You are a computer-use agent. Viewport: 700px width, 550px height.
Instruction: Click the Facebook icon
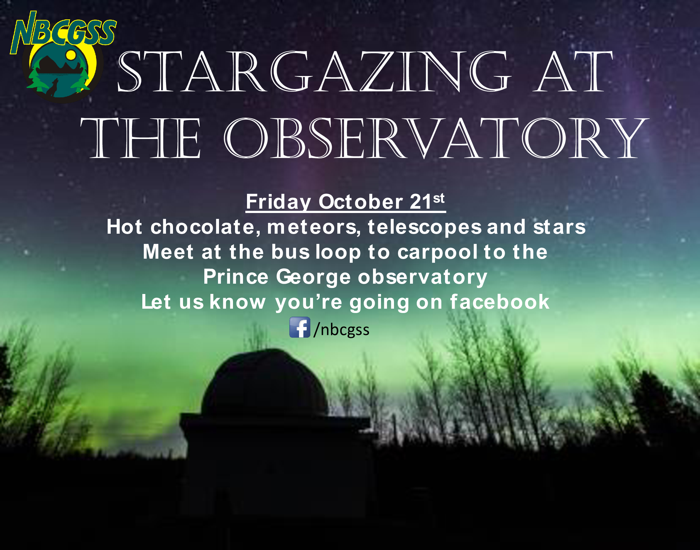(x=300, y=327)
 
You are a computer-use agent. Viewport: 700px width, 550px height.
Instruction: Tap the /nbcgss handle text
(x=341, y=330)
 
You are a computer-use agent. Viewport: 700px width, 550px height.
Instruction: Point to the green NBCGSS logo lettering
(x=63, y=32)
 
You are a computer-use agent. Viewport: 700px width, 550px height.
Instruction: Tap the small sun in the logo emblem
(x=71, y=54)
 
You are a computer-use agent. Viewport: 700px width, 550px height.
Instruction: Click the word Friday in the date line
(x=278, y=202)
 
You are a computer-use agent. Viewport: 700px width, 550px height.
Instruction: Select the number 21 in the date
(x=421, y=201)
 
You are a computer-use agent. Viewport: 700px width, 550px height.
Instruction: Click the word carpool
(x=438, y=252)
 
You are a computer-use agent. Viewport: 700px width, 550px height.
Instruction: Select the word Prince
(x=236, y=277)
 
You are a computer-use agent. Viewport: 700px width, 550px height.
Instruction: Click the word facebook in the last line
(x=500, y=302)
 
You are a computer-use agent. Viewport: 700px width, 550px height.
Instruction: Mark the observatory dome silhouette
(x=265, y=383)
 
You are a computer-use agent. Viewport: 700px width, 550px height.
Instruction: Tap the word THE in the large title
(x=141, y=138)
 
